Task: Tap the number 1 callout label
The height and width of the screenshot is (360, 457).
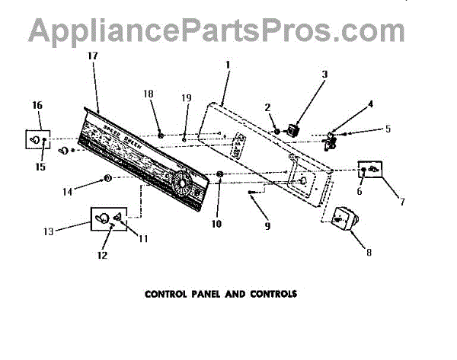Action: click(x=227, y=65)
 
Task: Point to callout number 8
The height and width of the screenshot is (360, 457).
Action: click(x=369, y=252)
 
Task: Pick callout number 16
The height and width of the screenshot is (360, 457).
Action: click(x=37, y=104)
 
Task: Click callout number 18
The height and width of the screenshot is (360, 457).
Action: click(x=149, y=94)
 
